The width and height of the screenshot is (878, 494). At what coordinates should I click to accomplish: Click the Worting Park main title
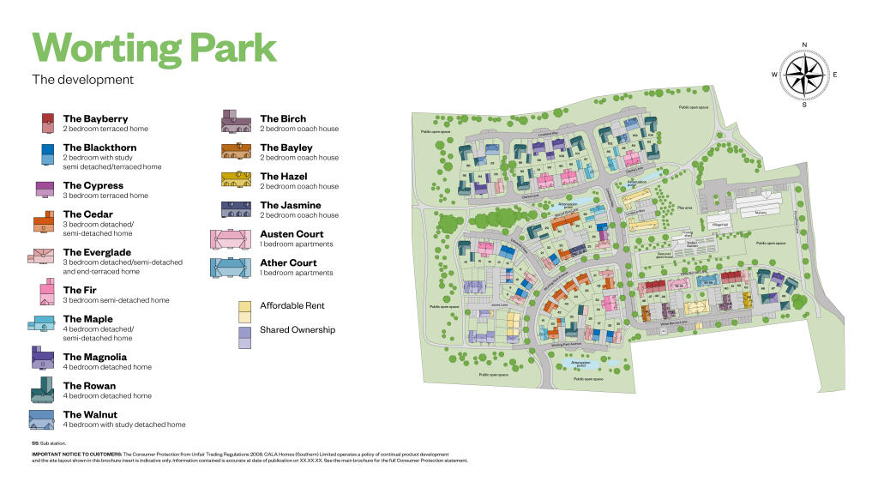(x=154, y=47)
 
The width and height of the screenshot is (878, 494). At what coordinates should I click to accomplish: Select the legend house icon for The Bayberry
(x=48, y=123)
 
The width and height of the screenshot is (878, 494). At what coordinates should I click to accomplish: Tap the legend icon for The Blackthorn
(x=48, y=153)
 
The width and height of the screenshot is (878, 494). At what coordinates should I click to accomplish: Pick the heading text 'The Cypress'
(x=93, y=185)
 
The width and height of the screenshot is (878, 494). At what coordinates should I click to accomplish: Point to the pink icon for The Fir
(x=46, y=295)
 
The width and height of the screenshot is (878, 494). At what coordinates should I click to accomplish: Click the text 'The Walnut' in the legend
(x=90, y=415)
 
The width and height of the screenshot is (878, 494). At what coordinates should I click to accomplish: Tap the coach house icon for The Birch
(x=235, y=122)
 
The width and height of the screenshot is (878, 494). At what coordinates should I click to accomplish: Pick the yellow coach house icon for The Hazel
(x=235, y=179)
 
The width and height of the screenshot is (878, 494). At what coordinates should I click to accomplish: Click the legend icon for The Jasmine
(x=235, y=208)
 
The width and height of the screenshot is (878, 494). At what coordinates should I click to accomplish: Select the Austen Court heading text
(x=292, y=234)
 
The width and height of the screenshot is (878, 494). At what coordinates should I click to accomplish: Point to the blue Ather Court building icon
(x=230, y=268)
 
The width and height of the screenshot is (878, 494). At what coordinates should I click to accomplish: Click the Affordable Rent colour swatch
(x=244, y=305)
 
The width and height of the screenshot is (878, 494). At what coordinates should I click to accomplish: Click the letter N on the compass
(x=804, y=44)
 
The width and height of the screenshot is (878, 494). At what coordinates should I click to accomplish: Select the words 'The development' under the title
(x=82, y=80)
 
